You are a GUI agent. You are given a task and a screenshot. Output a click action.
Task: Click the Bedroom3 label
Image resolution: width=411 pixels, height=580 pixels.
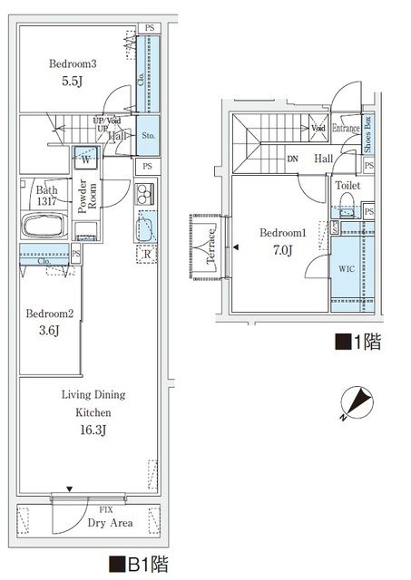click(x=73, y=64)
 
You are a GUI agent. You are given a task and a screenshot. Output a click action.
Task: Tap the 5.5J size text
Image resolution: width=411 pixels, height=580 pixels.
click(x=73, y=82)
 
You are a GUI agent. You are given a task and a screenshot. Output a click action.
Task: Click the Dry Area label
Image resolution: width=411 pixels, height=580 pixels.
click(x=86, y=523)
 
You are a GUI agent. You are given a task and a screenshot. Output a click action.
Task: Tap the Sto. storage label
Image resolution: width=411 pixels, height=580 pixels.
click(x=149, y=135)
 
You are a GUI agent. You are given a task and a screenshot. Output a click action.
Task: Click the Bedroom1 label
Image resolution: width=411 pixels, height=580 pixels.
click(x=284, y=233)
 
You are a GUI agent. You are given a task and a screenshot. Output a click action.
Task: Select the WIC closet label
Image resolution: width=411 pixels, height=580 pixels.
click(x=347, y=270)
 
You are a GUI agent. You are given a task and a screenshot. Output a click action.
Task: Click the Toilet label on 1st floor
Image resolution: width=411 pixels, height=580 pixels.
click(x=347, y=185)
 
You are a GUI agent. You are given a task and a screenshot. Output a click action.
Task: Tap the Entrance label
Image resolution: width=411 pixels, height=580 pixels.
click(x=346, y=129)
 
